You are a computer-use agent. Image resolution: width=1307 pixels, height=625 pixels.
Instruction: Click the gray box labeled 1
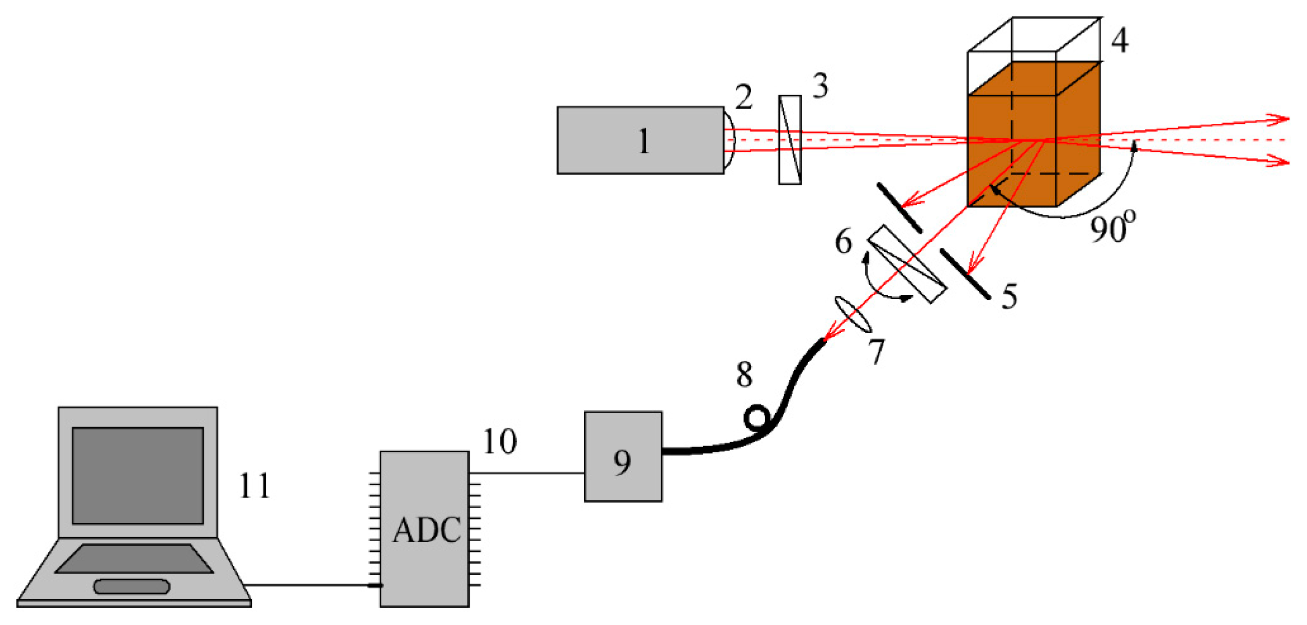tap(640, 140)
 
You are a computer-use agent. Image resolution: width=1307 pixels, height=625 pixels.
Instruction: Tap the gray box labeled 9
tap(623, 456)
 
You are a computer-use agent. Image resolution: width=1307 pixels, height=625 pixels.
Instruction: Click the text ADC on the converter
tap(426, 531)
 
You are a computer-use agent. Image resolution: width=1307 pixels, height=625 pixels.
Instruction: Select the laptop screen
tap(137, 475)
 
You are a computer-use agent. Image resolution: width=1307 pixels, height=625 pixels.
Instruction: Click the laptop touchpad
tap(131, 587)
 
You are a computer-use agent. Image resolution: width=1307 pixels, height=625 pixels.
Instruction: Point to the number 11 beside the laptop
tap(254, 486)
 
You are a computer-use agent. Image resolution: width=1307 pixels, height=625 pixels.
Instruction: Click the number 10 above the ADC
tap(500, 441)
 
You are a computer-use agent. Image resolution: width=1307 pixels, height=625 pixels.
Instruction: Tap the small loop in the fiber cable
tap(757, 418)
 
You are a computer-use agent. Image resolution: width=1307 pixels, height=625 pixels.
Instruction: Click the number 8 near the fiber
tap(744, 375)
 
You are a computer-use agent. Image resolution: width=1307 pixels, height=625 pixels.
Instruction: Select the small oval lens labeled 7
tap(853, 315)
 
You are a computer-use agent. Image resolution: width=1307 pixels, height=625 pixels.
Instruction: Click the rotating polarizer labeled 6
tap(907, 264)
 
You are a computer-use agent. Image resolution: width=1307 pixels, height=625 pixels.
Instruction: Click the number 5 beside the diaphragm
tap(1009, 296)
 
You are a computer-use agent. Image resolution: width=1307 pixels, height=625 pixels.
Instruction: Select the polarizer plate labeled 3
tap(790, 139)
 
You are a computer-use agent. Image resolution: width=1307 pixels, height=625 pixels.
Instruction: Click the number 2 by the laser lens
tap(744, 97)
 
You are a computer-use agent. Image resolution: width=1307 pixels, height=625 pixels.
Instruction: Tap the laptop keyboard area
tap(133, 559)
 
